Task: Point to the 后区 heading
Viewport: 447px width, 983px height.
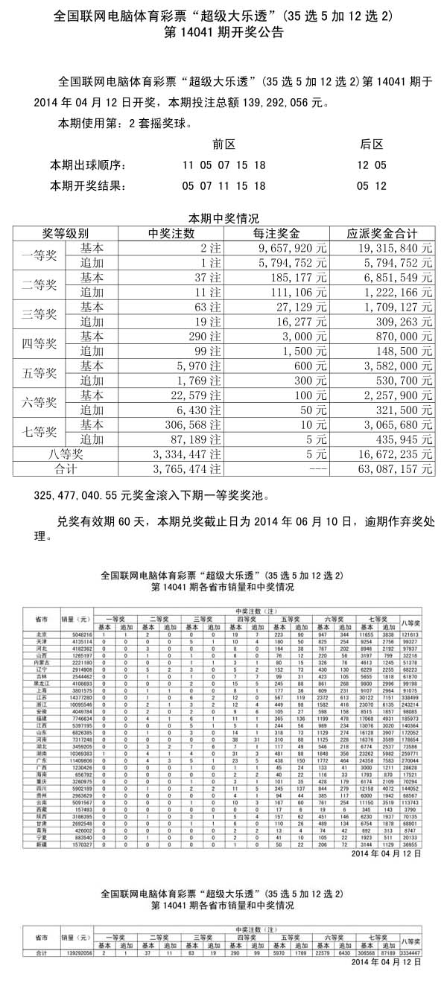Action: (371, 144)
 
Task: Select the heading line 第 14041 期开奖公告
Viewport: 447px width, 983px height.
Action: (223, 34)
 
